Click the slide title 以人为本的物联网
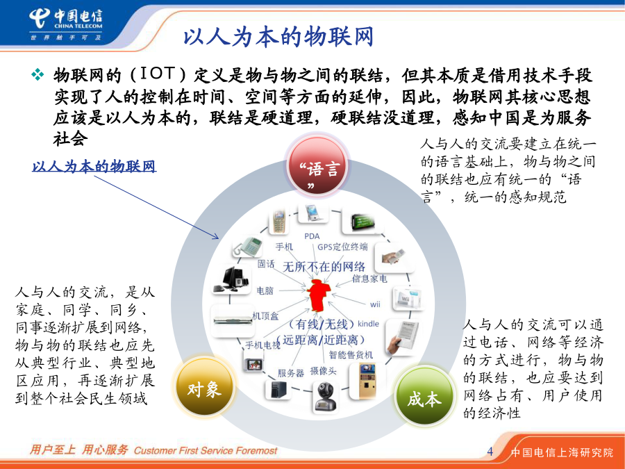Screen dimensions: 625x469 [278, 37]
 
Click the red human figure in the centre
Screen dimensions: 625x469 [318, 295]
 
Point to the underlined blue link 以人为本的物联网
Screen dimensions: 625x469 [94, 166]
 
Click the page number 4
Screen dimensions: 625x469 [490, 452]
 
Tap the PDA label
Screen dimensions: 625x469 [312, 236]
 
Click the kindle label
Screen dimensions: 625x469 [368, 324]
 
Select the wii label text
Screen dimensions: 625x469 [375, 305]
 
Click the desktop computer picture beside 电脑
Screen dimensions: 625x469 [231, 279]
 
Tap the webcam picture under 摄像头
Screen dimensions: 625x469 [325, 397]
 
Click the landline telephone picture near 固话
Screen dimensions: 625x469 [247, 247]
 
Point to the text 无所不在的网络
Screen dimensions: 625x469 [324, 266]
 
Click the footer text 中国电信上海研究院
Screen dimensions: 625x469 [562, 452]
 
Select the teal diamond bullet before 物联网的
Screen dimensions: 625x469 [38, 74]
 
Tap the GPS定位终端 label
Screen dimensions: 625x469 [342, 247]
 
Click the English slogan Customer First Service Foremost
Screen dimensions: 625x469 [206, 451]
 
